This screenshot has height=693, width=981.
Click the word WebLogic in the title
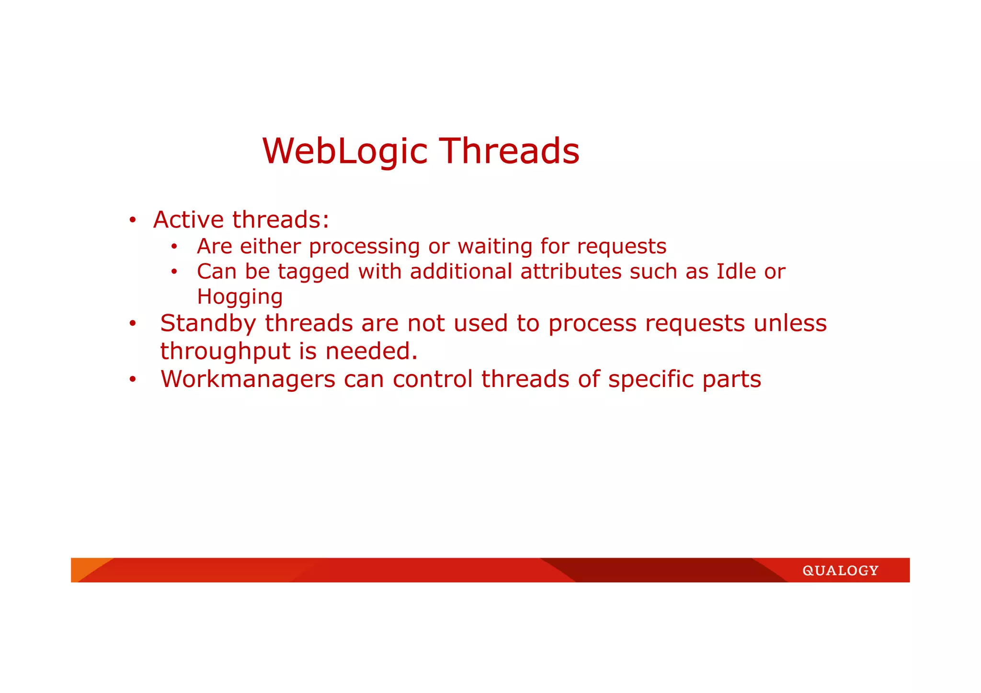pos(344,151)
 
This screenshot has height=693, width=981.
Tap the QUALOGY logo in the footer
pos(840,570)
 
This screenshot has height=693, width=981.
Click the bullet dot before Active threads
pos(133,221)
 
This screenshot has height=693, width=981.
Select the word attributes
pos(571,272)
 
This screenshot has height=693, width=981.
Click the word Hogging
pos(240,297)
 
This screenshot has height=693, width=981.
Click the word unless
pos(790,323)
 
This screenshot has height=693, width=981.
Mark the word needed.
pos(371,351)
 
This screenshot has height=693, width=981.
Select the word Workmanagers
pos(248,379)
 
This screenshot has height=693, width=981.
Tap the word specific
pos(651,379)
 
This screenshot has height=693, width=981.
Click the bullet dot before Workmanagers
pos(133,380)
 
